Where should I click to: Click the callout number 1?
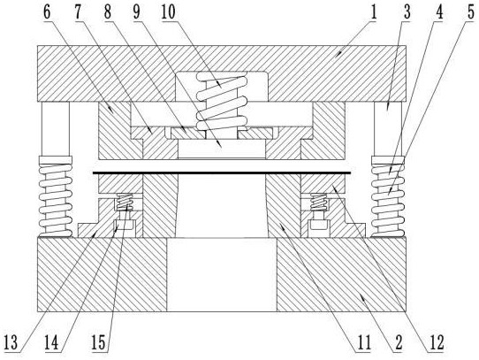(373, 13)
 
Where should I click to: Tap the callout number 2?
(399, 342)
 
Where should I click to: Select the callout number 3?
(407, 13)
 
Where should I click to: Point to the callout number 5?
(470, 13)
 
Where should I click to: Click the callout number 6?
(48, 13)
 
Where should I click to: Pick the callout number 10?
(168, 13)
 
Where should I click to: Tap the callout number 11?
(363, 342)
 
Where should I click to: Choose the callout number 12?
(436, 342)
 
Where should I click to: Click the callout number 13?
(11, 342)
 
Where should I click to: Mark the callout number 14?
(51, 342)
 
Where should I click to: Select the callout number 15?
(98, 342)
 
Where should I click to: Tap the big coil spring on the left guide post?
(56, 196)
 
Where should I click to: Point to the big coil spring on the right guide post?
(388, 196)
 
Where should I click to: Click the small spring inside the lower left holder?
(125, 202)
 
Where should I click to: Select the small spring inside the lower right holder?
(319, 202)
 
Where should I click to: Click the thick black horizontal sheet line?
(222, 173)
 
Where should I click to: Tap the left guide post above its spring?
(56, 129)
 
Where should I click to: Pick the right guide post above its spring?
(388, 129)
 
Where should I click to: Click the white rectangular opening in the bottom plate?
(222, 275)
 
